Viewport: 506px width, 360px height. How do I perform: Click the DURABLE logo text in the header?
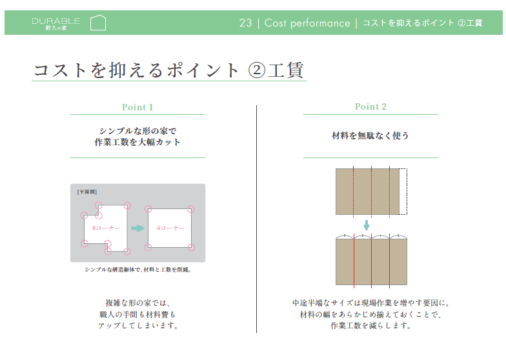coord(56,21)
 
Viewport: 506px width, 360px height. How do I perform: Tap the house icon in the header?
coord(97,23)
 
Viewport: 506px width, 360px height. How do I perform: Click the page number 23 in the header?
coord(245,23)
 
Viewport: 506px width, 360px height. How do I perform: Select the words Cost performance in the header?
coord(307,23)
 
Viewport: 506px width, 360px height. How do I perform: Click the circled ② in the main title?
coord(258,70)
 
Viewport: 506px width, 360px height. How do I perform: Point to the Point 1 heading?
coord(137,107)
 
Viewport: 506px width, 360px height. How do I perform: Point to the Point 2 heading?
coord(370,106)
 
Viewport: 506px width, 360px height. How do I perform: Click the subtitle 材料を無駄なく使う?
coord(370,135)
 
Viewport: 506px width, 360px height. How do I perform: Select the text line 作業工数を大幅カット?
coord(137,142)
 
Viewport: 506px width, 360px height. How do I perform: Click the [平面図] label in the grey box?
coord(86,192)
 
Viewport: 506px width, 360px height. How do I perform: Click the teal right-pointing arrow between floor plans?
coord(137,228)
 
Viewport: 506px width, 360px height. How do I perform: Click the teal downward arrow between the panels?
coord(367,225)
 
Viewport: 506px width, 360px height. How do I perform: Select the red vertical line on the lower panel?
coord(354,261)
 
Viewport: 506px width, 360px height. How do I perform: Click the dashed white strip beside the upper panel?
coord(403,191)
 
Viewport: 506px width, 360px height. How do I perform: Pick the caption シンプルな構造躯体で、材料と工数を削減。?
coord(137,270)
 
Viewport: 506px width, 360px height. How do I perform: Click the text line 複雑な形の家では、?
coord(137,303)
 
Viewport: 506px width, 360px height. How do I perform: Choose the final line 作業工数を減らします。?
coord(370,326)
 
